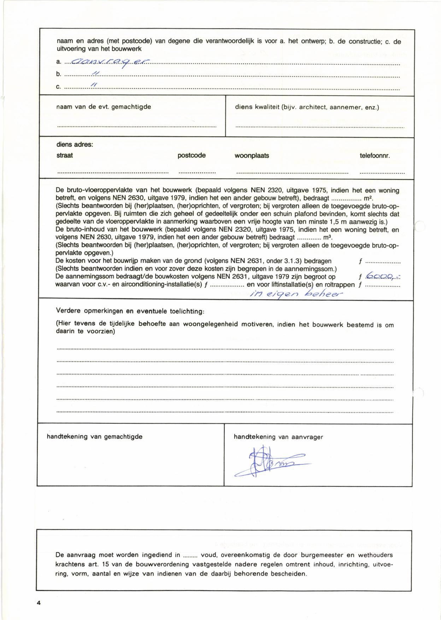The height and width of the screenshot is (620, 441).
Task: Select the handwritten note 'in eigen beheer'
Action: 296,293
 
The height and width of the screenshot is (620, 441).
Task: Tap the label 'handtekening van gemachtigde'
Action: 94,436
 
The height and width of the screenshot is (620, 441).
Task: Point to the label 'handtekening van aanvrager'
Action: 278,437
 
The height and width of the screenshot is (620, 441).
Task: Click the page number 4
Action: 39,603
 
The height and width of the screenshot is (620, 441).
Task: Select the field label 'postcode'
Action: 192,155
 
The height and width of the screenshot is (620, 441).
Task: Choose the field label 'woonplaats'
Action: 252,156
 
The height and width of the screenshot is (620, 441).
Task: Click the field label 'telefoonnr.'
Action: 375,156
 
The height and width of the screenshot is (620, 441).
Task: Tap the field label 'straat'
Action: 65,155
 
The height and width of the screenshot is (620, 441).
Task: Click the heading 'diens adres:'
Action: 75,145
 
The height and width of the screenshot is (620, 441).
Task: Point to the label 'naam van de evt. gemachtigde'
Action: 104,106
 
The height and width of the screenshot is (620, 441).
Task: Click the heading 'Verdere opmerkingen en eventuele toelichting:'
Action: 130,311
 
